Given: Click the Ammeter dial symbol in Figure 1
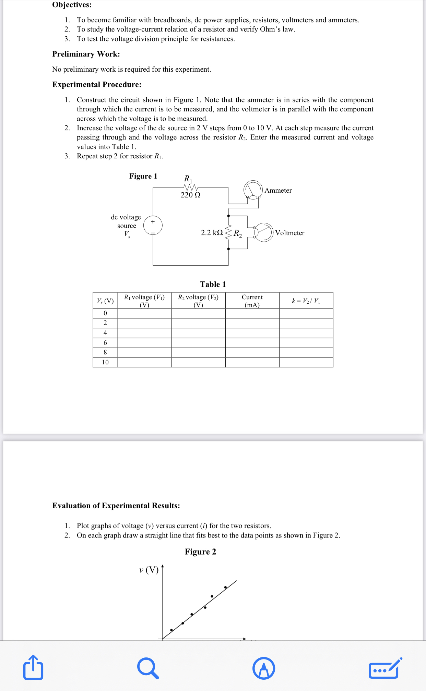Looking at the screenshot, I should [253, 190].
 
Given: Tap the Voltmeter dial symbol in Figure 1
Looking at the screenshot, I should [264, 232].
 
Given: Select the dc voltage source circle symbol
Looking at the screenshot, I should [153, 225].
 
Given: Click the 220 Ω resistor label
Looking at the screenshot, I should [190, 195].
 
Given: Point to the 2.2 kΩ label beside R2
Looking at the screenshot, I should [212, 233].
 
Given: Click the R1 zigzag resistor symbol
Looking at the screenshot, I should [191, 187].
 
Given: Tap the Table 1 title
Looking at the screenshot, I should [213, 284].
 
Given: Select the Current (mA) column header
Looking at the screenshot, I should [252, 301].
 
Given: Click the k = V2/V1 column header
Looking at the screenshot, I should [306, 301].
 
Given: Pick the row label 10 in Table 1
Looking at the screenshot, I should [105, 362].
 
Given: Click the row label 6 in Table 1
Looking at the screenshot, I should [105, 342].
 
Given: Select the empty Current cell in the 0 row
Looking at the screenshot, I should [252, 313].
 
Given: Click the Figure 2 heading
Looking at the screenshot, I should [200, 551].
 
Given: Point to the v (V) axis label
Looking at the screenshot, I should [149, 570].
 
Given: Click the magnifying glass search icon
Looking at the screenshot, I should [148, 668].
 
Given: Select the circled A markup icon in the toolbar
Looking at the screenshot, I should [263, 668].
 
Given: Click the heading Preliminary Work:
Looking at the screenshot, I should [86, 54].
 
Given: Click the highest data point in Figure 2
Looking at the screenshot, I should [225, 587].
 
